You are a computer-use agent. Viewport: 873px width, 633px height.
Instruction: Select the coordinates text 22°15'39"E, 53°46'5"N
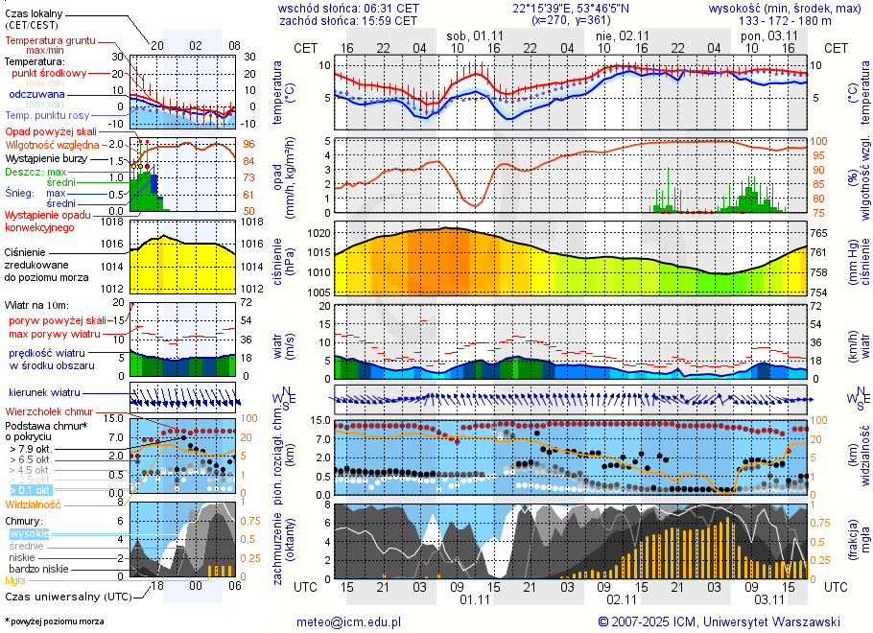[570, 8]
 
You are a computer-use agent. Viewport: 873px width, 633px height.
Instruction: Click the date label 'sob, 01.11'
[472, 35]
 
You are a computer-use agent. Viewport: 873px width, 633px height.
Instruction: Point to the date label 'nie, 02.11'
[621, 35]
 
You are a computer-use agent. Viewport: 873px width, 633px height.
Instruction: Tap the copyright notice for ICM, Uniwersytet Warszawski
[719, 621]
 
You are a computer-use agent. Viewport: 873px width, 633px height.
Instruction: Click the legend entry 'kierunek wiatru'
[43, 393]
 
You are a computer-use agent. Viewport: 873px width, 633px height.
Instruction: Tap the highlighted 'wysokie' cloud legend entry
[29, 533]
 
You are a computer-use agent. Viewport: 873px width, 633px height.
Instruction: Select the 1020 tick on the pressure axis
[319, 232]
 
